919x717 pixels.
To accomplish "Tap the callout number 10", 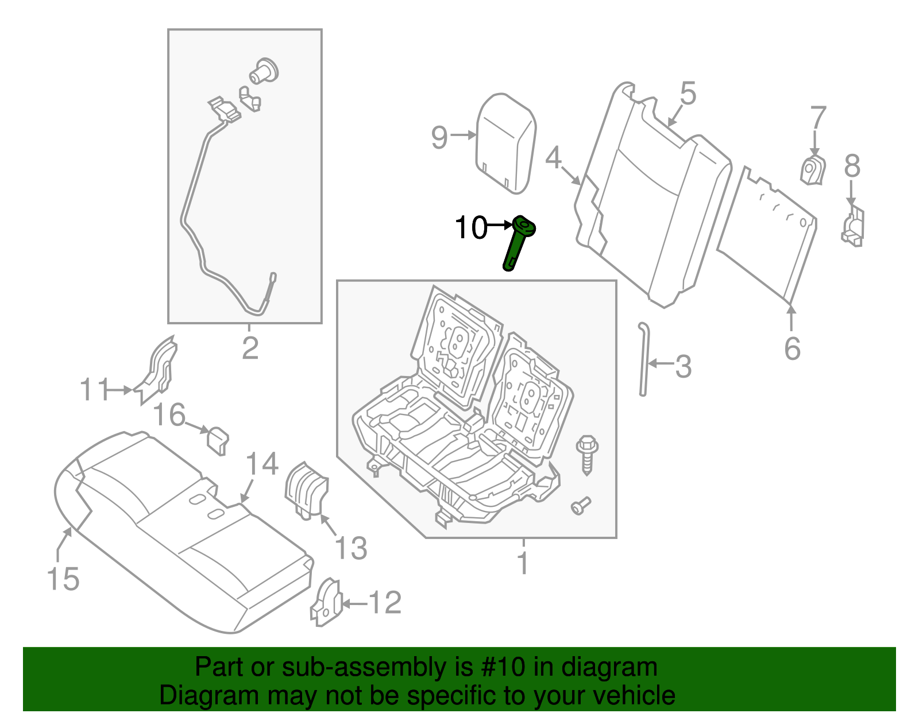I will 470,228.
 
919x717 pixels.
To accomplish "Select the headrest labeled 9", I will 506,142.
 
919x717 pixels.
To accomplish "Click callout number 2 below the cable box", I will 250,348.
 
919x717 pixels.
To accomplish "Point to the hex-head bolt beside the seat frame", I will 586,454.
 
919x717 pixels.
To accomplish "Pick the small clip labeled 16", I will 217,439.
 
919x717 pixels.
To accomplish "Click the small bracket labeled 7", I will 812,170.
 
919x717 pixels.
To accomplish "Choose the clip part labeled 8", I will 854,226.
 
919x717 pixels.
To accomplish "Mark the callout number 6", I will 792,348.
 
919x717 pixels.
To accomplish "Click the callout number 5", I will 688,93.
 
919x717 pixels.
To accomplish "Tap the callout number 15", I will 63,579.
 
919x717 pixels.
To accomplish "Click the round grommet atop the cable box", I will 264,71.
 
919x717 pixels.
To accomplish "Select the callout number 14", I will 262,464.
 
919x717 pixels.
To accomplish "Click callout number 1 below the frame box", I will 522,563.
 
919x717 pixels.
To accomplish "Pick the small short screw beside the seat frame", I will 580,506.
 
